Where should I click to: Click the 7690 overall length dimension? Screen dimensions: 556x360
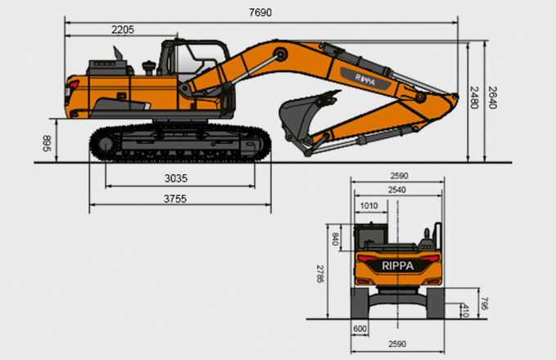pos(260,12)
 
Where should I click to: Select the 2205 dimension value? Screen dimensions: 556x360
pos(123,29)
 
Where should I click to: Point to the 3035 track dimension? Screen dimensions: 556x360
pos(176,178)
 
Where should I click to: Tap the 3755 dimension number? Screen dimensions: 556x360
pos(175,199)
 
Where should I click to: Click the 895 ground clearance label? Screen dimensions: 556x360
pos(47,143)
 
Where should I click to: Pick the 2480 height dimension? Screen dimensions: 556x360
pos(474,97)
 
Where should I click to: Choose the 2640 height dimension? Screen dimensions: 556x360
pos(492,97)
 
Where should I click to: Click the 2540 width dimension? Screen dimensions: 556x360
pos(397,190)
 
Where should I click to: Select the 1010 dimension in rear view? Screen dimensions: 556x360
pos(368,206)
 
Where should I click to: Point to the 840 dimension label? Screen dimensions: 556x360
pos(335,239)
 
